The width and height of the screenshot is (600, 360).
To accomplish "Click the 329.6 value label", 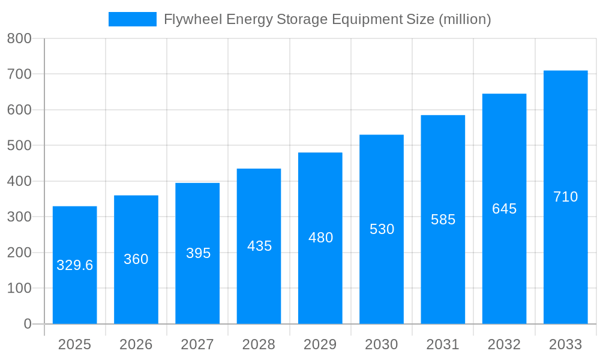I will (x=75, y=265).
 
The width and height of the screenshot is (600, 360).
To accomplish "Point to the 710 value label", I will (x=565, y=197).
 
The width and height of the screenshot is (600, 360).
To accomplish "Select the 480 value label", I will (x=320, y=238).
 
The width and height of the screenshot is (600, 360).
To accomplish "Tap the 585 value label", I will (x=443, y=220).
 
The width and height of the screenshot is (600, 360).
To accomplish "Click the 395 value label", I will (x=198, y=253).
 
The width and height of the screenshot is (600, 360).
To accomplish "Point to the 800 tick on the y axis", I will (x=19, y=38).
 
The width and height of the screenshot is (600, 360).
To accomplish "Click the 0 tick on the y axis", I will (x=28, y=324).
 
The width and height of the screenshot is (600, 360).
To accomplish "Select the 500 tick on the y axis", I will (x=19, y=145).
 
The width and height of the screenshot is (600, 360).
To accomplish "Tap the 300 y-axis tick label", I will (x=19, y=217).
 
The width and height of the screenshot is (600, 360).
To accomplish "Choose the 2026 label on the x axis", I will (x=136, y=344).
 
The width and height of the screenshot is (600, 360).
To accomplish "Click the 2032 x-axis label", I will (x=504, y=344).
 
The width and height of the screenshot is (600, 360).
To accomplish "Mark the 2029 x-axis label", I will (x=320, y=344).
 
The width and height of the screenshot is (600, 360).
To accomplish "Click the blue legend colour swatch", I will (x=132, y=19).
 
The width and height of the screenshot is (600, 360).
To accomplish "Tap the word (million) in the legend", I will (x=465, y=19).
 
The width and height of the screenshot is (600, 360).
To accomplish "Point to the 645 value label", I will (x=504, y=209).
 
